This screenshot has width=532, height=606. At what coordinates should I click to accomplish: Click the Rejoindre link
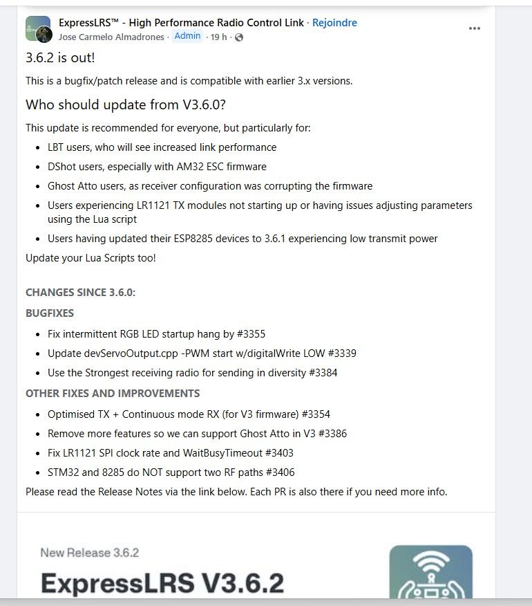(334, 23)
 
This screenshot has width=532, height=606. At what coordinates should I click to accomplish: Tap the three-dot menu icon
(474, 28)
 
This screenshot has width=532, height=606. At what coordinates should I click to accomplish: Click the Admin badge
(187, 36)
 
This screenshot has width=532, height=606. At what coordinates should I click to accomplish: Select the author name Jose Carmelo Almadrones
(111, 37)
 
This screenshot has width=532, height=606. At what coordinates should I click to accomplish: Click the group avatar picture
(37, 29)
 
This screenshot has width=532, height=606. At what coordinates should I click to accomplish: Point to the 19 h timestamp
(219, 37)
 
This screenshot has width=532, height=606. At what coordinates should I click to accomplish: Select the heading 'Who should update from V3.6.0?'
(126, 105)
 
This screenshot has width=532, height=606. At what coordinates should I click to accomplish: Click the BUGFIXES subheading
(50, 313)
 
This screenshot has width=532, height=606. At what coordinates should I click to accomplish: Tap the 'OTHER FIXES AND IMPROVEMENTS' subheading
(113, 393)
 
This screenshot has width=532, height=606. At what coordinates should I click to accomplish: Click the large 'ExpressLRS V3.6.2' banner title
(162, 583)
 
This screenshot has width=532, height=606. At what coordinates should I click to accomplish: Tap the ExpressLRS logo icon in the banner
(430, 574)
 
